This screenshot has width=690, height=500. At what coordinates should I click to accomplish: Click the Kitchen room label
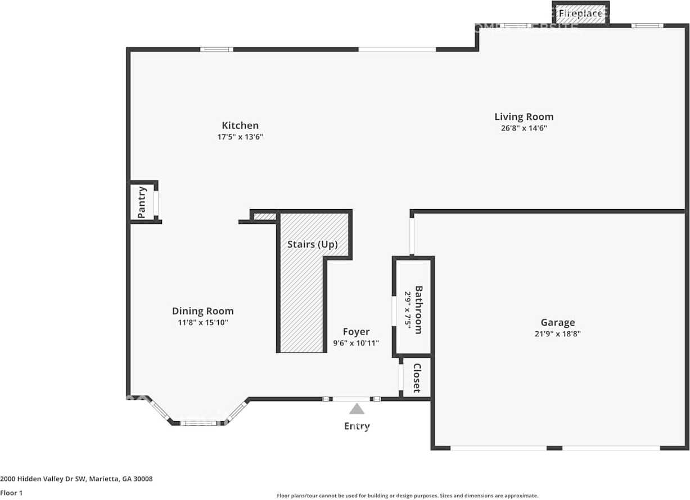click(x=240, y=125)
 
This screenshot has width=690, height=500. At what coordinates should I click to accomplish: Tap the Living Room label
click(x=524, y=117)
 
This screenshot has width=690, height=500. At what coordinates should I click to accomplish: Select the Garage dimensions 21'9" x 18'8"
click(x=557, y=334)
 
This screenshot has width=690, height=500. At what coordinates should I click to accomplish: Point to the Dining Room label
click(x=202, y=311)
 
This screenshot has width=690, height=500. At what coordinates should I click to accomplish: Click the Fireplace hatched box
click(x=580, y=14)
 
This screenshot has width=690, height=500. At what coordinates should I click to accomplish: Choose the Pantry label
click(x=142, y=202)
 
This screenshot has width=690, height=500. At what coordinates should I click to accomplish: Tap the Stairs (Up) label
click(x=312, y=245)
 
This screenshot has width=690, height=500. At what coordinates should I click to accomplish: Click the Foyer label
click(x=356, y=332)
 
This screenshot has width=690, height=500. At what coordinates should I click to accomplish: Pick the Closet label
click(x=417, y=377)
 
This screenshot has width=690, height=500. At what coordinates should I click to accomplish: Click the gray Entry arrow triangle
click(x=357, y=409)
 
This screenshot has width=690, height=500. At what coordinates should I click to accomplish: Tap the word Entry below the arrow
click(x=357, y=426)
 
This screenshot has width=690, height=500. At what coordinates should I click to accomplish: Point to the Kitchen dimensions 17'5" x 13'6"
click(x=240, y=137)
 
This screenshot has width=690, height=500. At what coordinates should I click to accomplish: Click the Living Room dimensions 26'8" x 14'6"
click(x=524, y=128)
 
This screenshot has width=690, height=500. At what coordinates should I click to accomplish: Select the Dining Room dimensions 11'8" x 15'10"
click(x=202, y=322)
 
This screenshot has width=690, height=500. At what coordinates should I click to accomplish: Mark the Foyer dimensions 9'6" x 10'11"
click(x=356, y=343)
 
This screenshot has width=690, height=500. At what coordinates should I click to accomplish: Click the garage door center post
click(x=554, y=448)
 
